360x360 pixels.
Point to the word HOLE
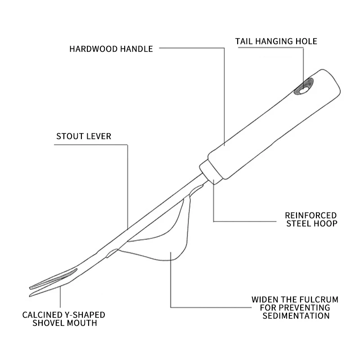[306, 41]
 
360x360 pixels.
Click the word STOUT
[70, 136]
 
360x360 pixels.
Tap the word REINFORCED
[311, 216]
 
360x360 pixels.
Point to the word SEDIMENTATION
[297, 315]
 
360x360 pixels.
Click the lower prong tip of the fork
[31, 295]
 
